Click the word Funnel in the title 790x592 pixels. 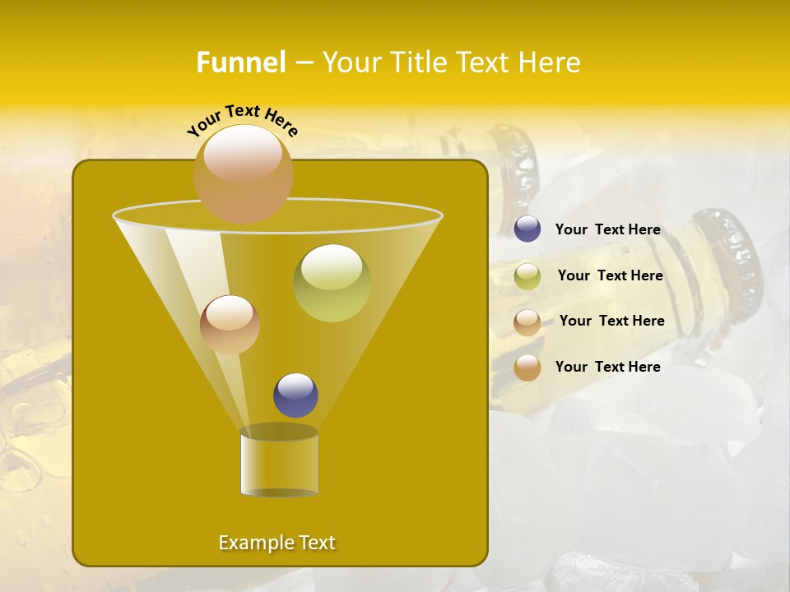[240, 62]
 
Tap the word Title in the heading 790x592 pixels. [419, 62]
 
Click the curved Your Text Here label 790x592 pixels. [242, 120]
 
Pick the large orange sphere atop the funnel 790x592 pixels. [243, 174]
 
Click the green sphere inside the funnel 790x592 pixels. [332, 283]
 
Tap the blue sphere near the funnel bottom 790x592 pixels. [295, 395]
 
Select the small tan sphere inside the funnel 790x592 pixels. [230, 324]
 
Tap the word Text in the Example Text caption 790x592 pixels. [317, 543]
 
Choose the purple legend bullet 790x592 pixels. [527, 229]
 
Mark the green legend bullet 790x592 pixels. [527, 276]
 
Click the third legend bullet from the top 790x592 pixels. [527, 322]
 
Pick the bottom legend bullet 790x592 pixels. [527, 368]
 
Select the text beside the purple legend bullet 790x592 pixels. [607, 230]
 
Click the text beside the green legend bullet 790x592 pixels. [610, 275]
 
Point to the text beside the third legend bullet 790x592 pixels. [611, 321]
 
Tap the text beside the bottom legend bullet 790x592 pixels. [607, 367]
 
